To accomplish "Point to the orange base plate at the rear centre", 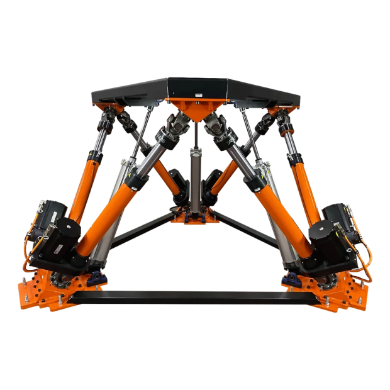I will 194,220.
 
